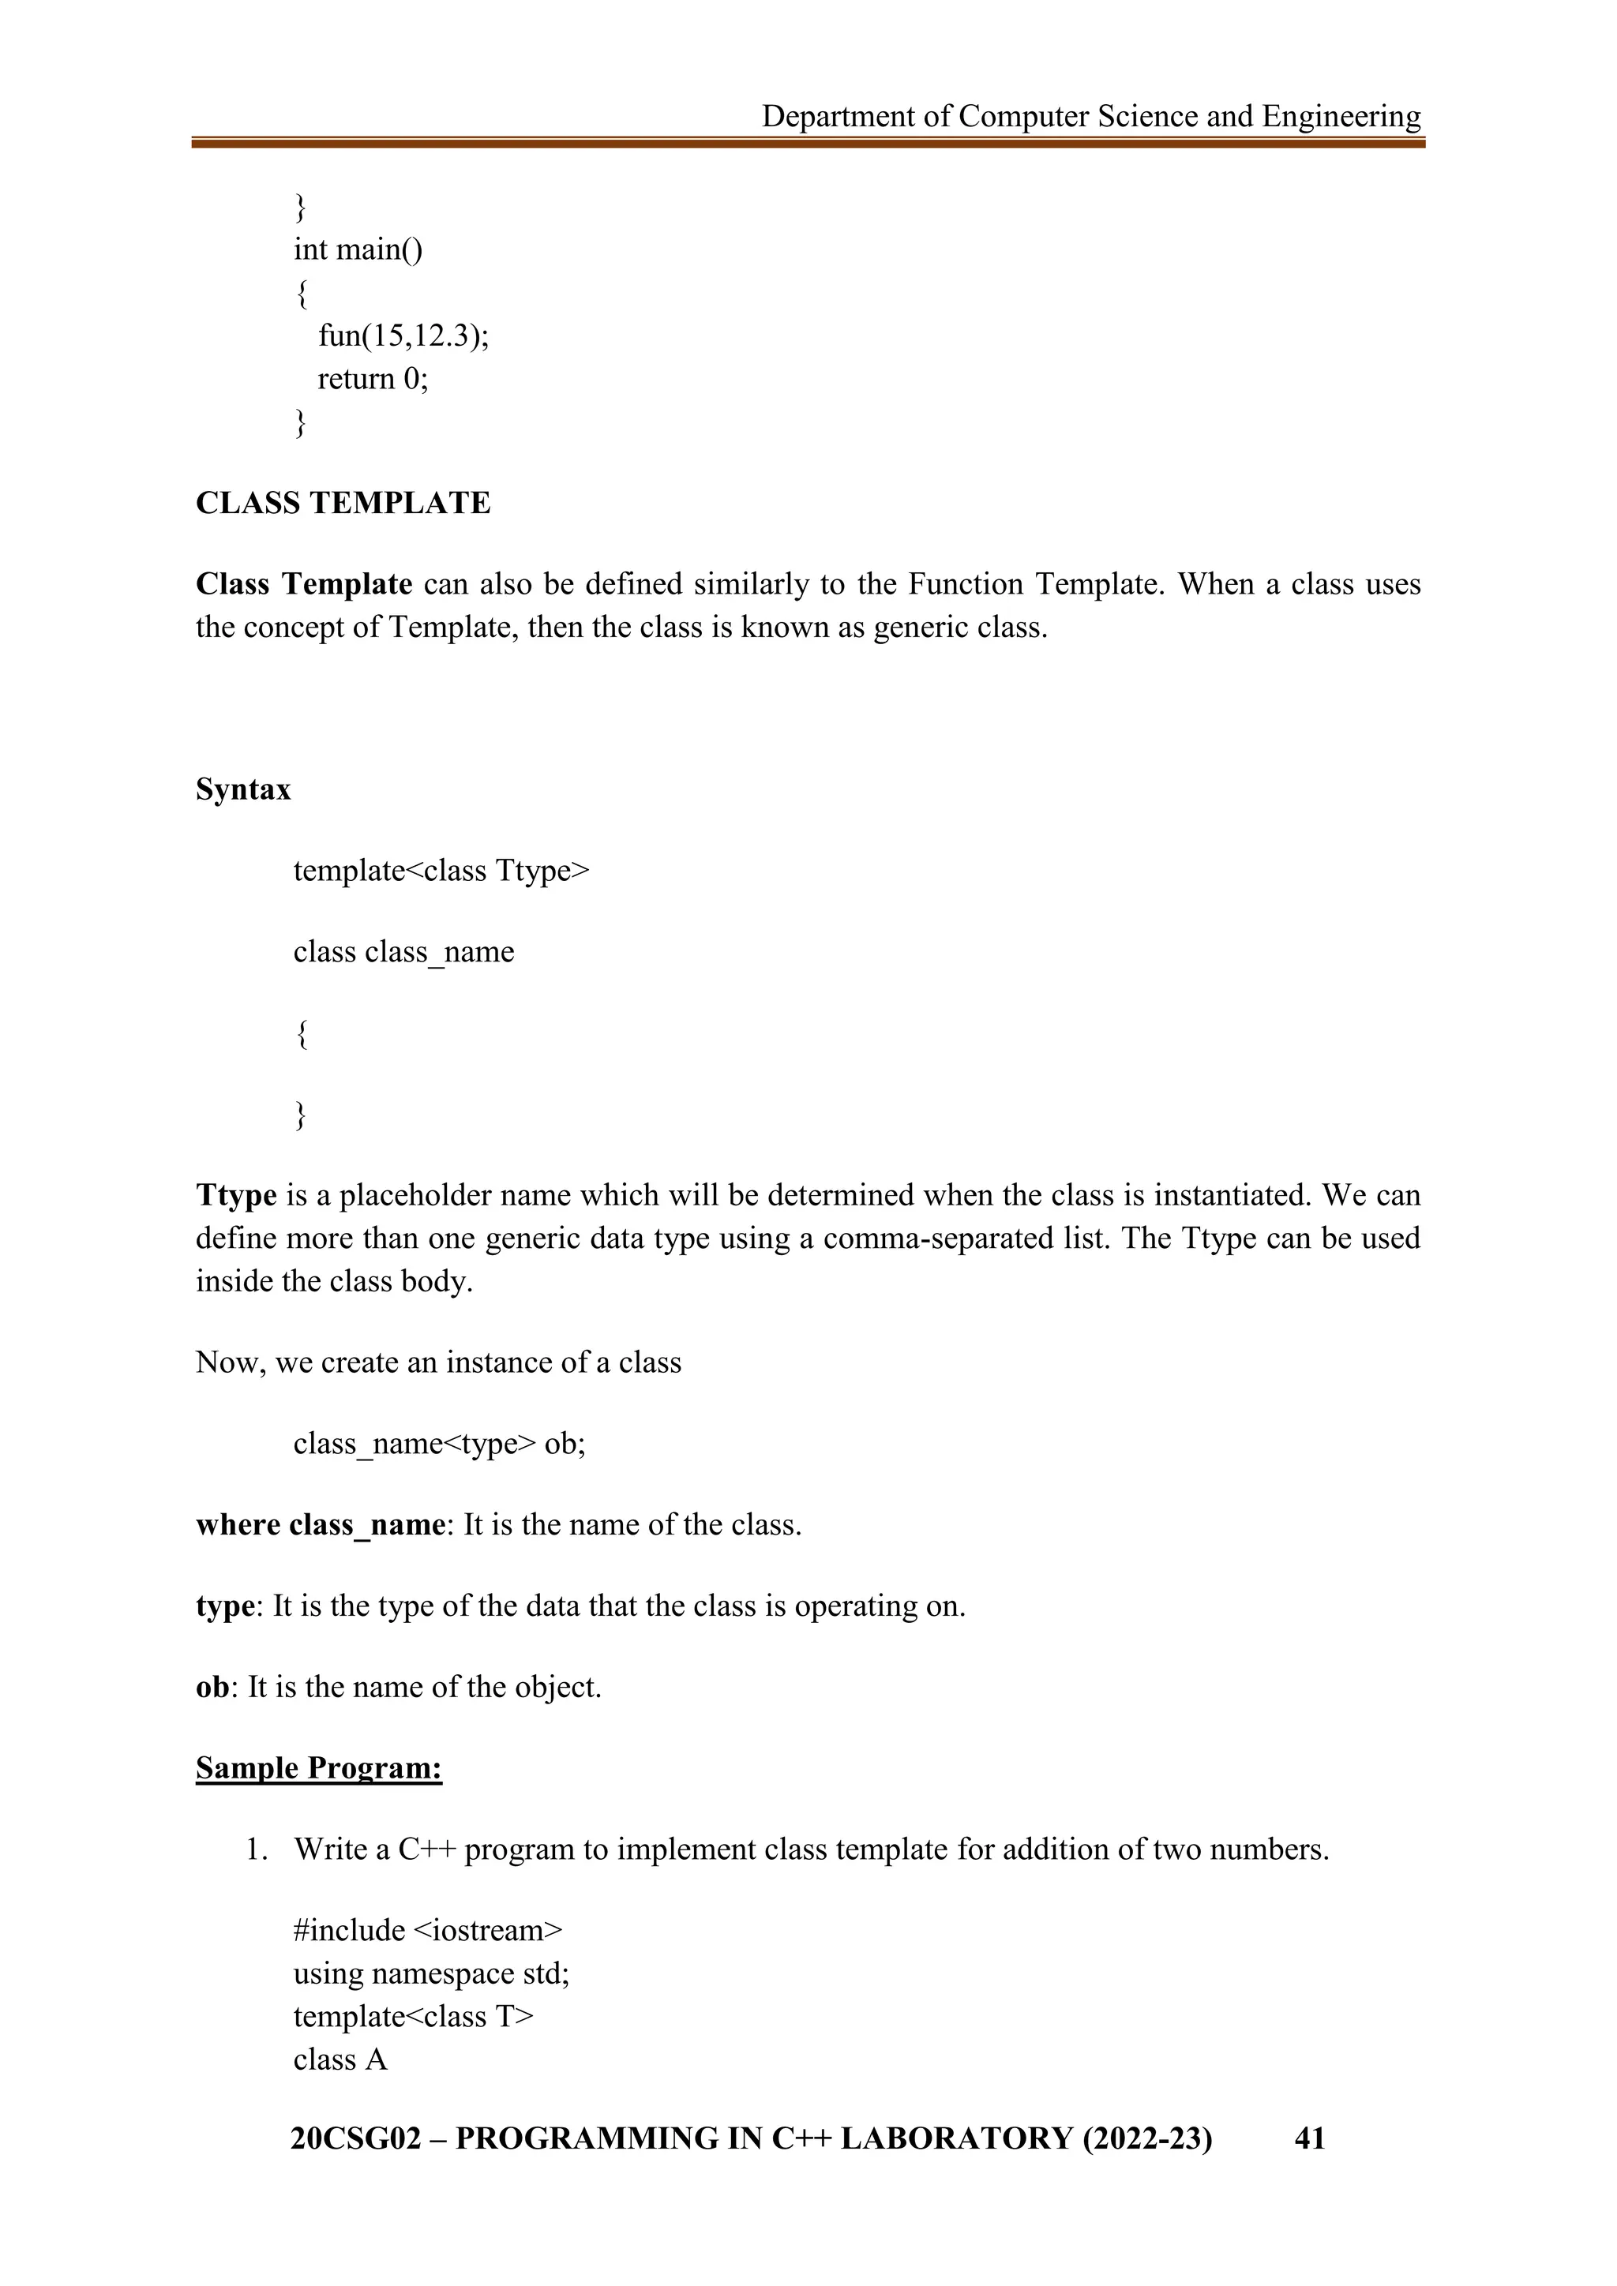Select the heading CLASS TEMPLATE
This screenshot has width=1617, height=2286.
pyautogui.click(x=343, y=503)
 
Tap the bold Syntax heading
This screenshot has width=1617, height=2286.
pyautogui.click(x=243, y=789)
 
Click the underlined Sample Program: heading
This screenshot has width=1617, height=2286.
pyautogui.click(x=319, y=1768)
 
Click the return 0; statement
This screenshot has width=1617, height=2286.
pyautogui.click(x=373, y=380)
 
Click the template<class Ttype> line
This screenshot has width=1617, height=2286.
pyautogui.click(x=441, y=871)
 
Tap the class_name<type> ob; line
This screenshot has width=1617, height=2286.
pyautogui.click(x=439, y=1443)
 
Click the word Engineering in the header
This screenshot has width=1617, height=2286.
pyautogui.click(x=1341, y=118)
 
